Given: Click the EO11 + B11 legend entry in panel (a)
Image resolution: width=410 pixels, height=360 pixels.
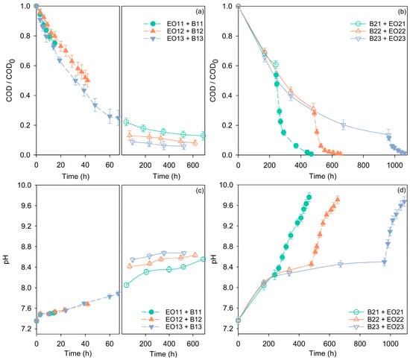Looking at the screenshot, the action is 173,24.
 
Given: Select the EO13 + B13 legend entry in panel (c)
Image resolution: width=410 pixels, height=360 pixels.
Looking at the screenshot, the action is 171,326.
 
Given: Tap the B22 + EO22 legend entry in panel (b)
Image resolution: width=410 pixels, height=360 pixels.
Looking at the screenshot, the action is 378,31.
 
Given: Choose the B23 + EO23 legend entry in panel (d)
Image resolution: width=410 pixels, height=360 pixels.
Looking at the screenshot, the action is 376,326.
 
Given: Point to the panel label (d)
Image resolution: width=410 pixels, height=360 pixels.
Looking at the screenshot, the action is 402,191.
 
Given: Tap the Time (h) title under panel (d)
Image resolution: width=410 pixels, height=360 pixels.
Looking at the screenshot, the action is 322,353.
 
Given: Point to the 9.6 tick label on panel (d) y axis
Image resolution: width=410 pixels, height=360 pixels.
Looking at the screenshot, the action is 227,206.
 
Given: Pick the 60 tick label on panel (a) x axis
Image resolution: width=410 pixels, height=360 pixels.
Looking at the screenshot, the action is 110,165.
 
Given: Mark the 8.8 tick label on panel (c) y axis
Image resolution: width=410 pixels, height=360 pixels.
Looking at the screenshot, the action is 25,247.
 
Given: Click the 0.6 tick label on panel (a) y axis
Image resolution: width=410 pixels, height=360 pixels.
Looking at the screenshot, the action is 25,66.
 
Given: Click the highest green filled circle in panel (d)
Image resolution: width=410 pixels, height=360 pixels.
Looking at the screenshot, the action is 309,197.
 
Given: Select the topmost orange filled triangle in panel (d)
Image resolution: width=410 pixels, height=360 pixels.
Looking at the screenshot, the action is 338,200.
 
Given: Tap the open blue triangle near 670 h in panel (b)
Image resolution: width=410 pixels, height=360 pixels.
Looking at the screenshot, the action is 344,124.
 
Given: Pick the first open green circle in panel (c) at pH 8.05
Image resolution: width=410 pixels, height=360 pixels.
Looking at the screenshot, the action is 126,285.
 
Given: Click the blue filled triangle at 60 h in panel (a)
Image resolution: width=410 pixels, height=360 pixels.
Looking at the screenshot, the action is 110,116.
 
